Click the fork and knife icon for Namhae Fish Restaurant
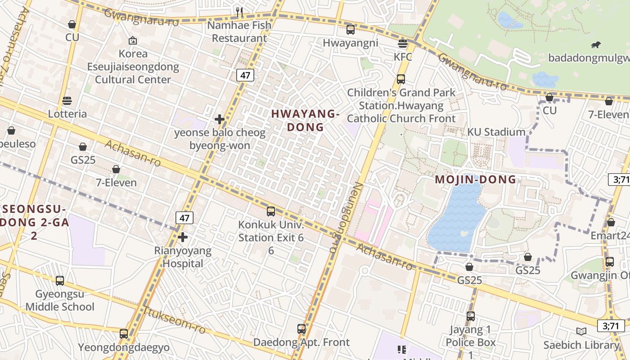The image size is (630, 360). pos(239,12)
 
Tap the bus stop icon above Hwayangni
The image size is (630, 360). pos(351,30)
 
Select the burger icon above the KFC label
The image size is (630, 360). pos(403,44)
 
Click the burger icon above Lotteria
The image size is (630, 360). pos(67,100)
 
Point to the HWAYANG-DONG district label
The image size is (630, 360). pos(306,121)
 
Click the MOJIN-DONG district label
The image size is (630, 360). pos(475,180)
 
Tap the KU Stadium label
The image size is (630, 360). pos(496,132)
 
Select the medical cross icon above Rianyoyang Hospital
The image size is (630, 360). pos(183,237)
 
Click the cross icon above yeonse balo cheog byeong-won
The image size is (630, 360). pos(220,119)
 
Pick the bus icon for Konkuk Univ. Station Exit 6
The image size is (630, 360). pos(271,211)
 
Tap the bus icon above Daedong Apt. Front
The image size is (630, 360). pos(301,329)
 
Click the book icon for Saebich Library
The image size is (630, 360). pos(581,332)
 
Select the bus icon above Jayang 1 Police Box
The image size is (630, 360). pos(471,316)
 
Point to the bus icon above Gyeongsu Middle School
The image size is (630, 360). pos(60,281)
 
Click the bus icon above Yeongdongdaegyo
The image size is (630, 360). pos(124,334)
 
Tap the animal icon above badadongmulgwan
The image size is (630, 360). pos(596,45)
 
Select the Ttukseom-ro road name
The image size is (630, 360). pos(175,320)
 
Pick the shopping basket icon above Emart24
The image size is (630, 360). pos(611,222)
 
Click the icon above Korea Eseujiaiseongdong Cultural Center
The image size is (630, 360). pos(133,41)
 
